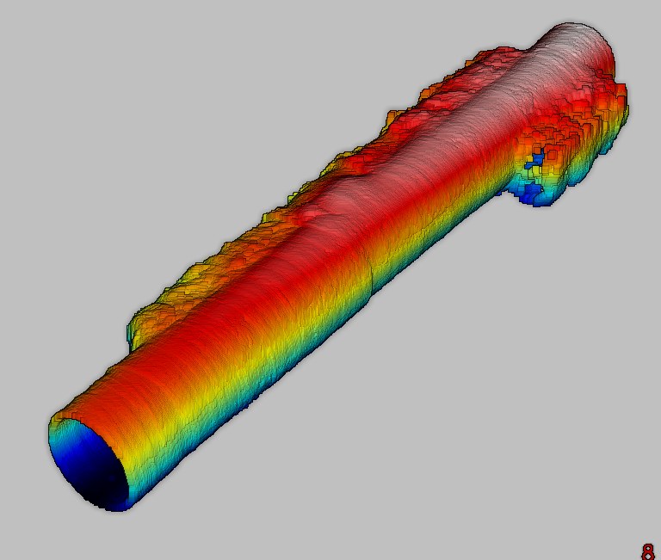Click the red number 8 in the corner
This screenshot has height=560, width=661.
[x=647, y=551]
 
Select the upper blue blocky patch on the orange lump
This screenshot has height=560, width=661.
[x=537, y=159]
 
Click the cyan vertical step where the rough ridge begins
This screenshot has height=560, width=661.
[x=129, y=333]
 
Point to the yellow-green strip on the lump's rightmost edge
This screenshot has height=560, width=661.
[x=627, y=112]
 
